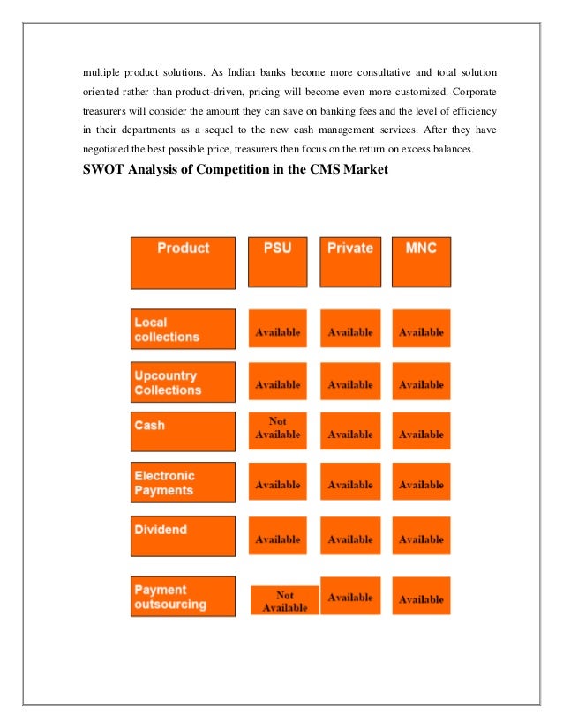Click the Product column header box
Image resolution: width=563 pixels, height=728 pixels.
[x=183, y=262]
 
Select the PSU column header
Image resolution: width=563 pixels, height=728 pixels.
[x=277, y=261]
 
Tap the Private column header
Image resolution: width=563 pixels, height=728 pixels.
[x=349, y=261]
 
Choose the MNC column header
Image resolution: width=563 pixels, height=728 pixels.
[x=421, y=261]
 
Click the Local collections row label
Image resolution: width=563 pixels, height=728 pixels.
[x=183, y=329]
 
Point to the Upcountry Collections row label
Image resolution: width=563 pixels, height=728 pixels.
[x=183, y=382]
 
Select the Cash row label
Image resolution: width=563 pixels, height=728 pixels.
[x=183, y=431]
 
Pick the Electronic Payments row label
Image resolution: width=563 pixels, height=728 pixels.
[x=183, y=482]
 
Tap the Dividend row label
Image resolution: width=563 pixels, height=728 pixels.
[x=183, y=535]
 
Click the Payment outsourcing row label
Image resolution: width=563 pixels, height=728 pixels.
[x=183, y=596]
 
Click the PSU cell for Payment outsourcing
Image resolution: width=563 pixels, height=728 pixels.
[x=284, y=600]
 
